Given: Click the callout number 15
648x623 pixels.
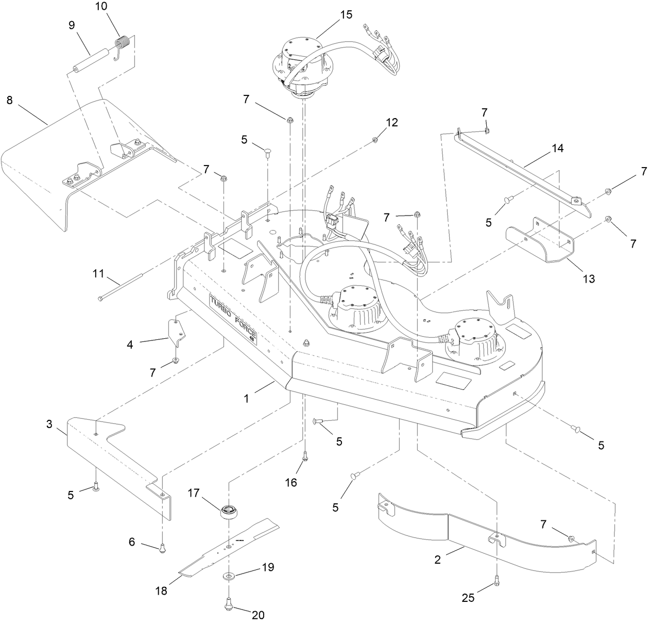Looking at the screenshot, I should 346,14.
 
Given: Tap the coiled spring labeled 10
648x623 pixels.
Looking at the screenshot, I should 123,42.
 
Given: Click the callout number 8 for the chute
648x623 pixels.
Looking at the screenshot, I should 9,100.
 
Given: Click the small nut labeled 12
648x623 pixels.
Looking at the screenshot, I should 374,140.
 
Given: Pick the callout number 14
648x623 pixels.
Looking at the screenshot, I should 557,149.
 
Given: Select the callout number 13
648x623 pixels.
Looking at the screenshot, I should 588,278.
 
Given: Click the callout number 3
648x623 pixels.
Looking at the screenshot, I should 49,424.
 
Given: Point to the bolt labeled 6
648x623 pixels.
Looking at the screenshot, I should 162,549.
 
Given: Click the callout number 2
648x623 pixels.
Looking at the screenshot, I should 437,560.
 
